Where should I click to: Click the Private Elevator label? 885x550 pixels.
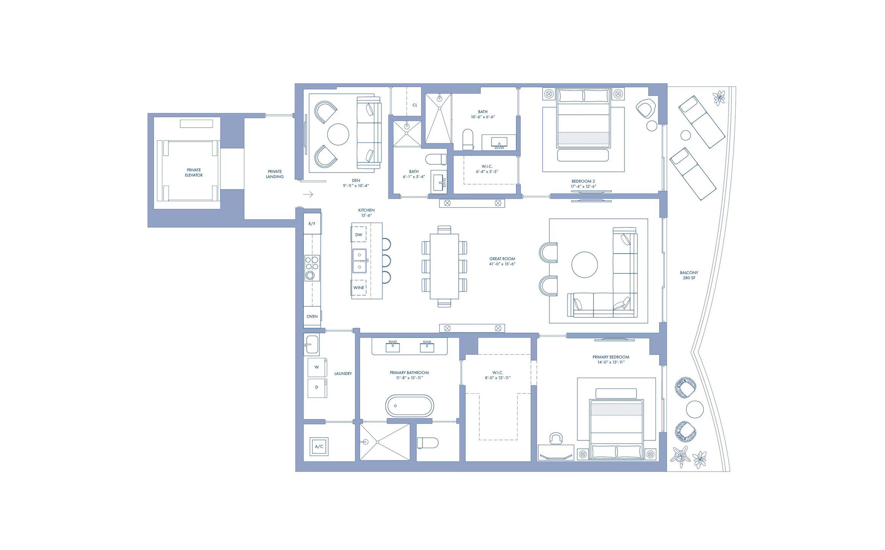[194, 173]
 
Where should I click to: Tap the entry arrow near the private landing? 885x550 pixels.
[308, 194]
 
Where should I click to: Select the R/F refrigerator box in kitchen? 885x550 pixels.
[312, 224]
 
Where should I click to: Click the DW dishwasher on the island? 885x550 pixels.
[359, 235]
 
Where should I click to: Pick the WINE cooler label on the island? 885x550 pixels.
[359, 288]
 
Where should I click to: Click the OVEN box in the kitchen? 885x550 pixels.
[312, 316]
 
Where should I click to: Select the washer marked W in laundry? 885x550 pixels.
[317, 367]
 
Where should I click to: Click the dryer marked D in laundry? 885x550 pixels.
[317, 387]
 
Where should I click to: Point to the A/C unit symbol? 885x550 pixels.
[319, 446]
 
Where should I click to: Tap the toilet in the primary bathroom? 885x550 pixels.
[428, 443]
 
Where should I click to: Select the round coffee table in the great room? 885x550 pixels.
[584, 265]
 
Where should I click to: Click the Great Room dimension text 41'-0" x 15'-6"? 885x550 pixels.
[502, 264]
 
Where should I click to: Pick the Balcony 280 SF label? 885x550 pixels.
[689, 275]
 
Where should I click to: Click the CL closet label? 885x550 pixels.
[415, 105]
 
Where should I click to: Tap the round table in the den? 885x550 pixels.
[338, 134]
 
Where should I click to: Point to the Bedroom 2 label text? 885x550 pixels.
[583, 181]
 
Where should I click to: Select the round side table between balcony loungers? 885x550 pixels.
[686, 135]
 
